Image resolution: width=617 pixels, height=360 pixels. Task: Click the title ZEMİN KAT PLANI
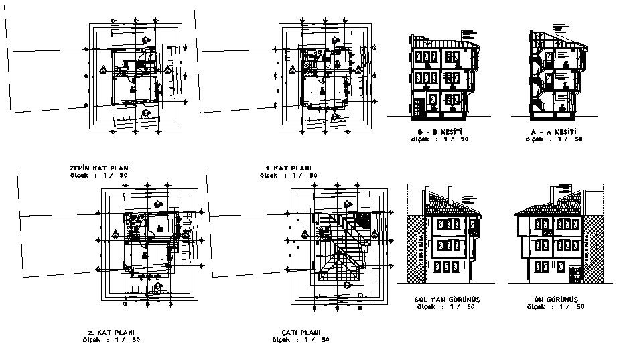click(x=98, y=168)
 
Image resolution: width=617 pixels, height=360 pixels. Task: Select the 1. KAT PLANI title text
click(x=289, y=168)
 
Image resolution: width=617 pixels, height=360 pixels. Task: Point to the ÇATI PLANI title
click(x=301, y=333)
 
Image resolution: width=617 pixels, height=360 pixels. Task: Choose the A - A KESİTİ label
click(x=553, y=132)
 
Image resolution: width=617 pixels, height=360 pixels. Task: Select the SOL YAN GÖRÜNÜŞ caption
click(x=442, y=298)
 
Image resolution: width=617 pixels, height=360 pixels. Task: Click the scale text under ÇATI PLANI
click(x=305, y=340)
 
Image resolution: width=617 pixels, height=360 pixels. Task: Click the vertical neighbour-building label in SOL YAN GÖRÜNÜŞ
click(x=421, y=257)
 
